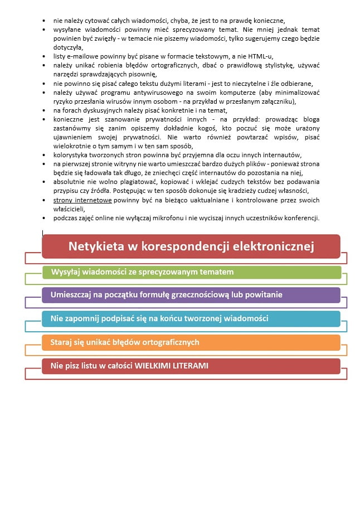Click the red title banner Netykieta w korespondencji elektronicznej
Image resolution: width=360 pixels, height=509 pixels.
pyautogui.click(x=191, y=246)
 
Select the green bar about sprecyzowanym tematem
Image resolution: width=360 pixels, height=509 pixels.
pyautogui.click(x=191, y=272)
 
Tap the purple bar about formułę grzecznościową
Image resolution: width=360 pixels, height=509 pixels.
pyautogui.click(x=191, y=295)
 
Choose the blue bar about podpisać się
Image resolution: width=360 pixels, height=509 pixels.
pyautogui.click(x=191, y=318)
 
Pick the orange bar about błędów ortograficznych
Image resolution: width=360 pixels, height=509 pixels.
pyautogui.click(x=191, y=342)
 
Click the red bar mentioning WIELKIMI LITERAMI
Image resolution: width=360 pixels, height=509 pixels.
pyautogui.click(x=191, y=366)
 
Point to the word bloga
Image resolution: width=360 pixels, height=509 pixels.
pyautogui.click(x=309, y=119)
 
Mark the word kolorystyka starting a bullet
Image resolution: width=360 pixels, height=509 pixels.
pyautogui.click(x=72, y=155)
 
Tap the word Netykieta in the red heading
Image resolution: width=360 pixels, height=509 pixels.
pyautogui.click(x=98, y=246)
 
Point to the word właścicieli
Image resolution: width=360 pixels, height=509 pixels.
pyautogui.click(x=68, y=209)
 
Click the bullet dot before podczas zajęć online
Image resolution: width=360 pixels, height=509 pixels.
pyautogui.click(x=44, y=218)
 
